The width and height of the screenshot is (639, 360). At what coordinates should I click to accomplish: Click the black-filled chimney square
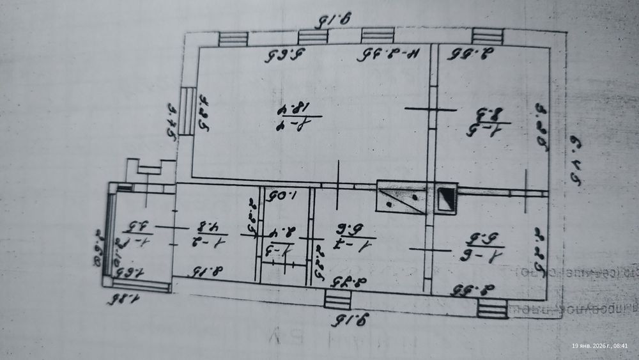(x=445, y=198)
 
